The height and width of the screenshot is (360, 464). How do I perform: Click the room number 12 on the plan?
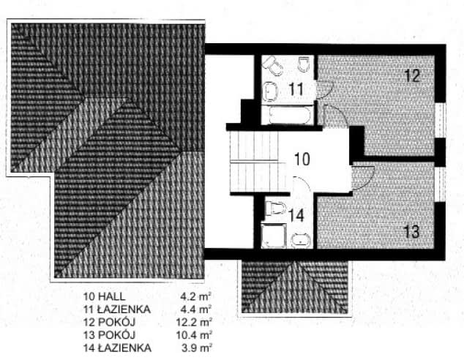tap(412, 75)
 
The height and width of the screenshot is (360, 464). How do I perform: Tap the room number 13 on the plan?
tap(411, 232)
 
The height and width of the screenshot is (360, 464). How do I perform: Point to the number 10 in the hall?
tap(302, 159)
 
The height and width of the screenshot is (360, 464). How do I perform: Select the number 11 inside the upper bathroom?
tap(296, 89)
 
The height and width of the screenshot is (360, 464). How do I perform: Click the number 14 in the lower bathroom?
tap(296, 215)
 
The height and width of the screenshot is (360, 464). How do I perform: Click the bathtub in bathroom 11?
tap(290, 115)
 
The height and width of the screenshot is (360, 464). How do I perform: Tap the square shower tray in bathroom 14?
tap(274, 236)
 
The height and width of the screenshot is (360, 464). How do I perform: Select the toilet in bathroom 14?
tap(275, 209)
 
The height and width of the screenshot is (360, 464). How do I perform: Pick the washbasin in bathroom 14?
tap(301, 240)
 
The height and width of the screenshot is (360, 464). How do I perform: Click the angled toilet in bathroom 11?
tap(273, 66)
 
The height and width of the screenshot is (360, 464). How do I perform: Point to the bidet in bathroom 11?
tap(304, 64)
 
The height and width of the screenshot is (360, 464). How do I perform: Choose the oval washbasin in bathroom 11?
tap(271, 91)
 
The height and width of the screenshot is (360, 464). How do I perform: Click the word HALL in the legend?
tap(111, 296)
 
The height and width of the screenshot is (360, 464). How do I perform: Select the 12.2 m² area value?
tap(194, 322)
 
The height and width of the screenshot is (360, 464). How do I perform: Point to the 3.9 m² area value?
tap(197, 348)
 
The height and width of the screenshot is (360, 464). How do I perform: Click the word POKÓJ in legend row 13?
tap(116, 335)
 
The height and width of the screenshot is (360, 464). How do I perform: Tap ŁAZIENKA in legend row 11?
tap(124, 309)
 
